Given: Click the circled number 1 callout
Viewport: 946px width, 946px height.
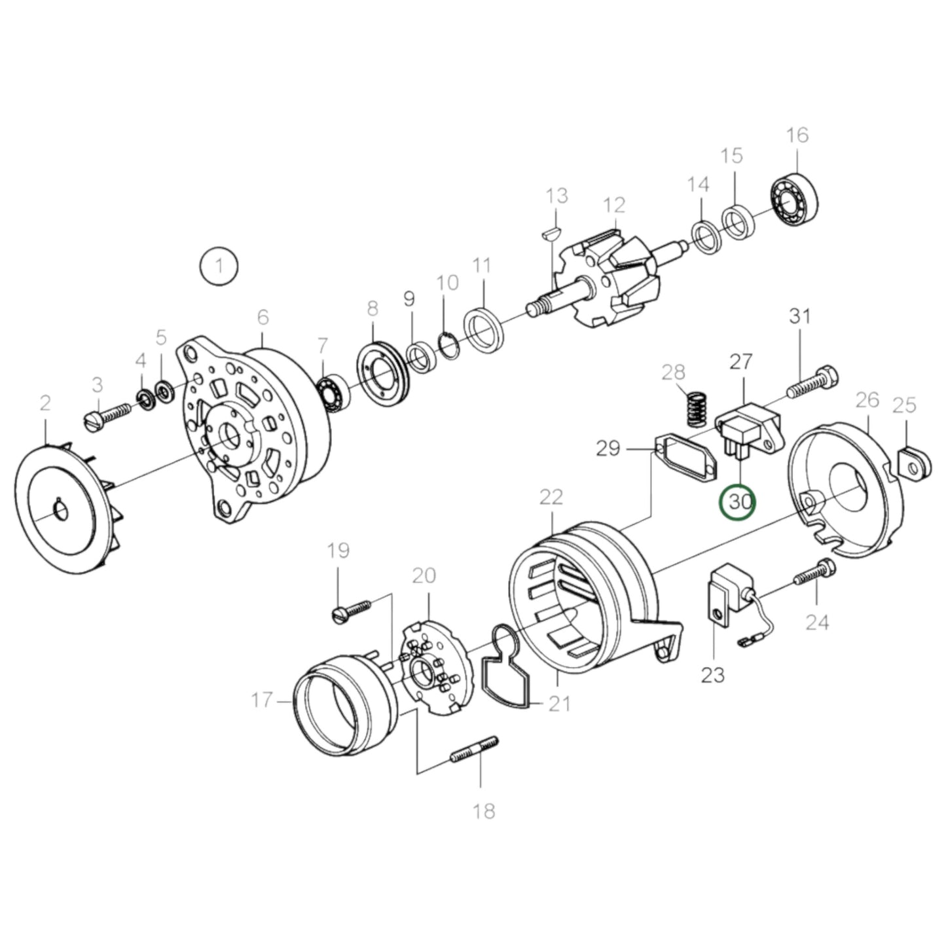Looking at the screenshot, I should [219, 266].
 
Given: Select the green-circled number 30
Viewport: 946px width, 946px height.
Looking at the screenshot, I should [738, 502].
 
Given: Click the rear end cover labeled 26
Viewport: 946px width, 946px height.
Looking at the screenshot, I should [845, 491].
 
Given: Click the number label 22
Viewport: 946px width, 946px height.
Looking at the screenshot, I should [551, 498].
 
